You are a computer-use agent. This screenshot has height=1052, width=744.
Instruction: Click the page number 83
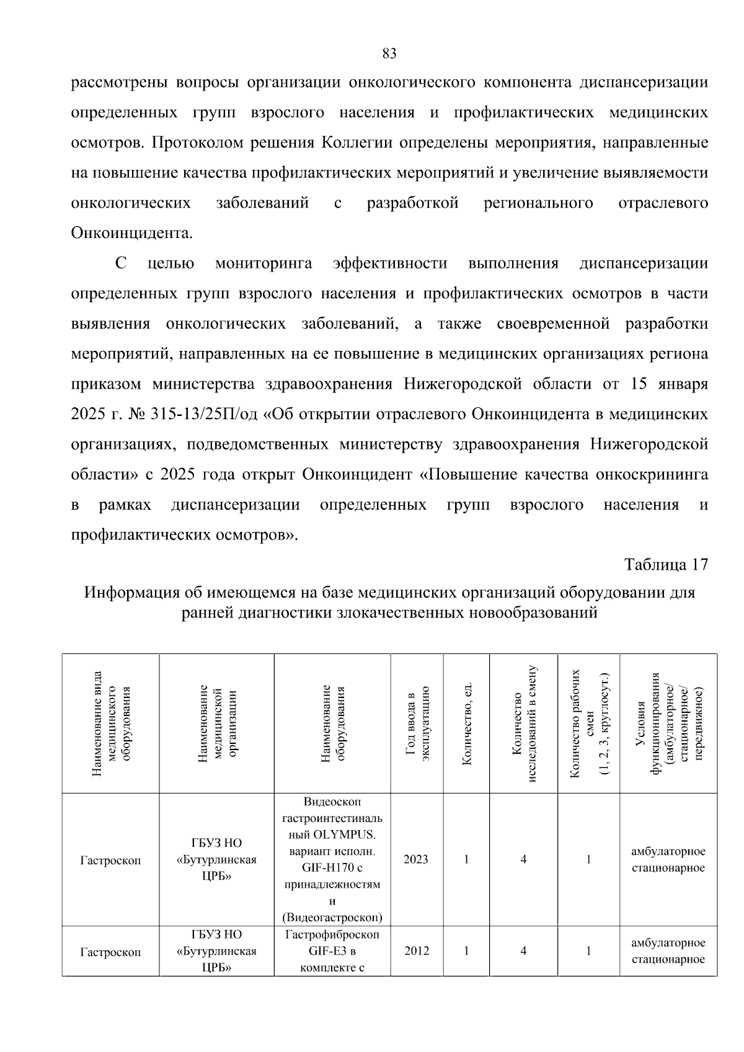tap(389, 54)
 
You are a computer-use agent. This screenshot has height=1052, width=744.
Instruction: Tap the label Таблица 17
tap(666, 565)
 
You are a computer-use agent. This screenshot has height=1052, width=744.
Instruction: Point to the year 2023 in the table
tap(416, 859)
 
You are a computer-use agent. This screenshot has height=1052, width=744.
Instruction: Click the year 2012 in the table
tap(416, 951)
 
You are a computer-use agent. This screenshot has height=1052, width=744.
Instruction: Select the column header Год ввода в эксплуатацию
tap(417, 723)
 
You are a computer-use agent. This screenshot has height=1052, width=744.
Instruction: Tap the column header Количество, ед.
tap(467, 723)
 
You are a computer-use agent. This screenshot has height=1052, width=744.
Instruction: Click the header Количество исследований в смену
tap(523, 723)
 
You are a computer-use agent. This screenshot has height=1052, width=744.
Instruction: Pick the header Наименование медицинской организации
tap(216, 723)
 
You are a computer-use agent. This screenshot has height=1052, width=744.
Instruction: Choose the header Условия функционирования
tap(668, 723)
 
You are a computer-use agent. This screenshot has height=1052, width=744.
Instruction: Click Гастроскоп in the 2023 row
tap(110, 860)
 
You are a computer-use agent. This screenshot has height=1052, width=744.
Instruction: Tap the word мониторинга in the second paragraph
tap(263, 263)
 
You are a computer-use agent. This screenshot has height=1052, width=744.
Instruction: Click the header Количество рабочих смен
tap(589, 723)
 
